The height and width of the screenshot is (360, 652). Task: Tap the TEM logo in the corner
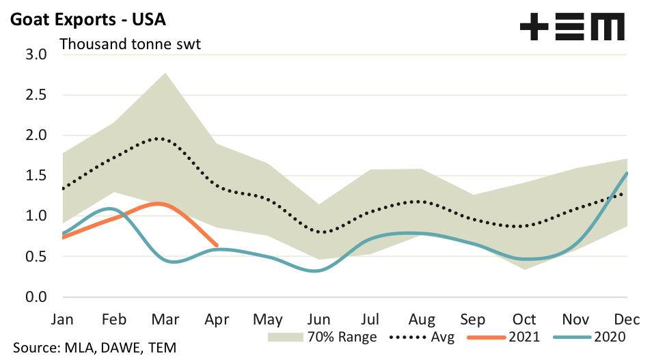coord(572,27)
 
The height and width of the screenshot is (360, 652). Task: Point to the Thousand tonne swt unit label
coord(134,44)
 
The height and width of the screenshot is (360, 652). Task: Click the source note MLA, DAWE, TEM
coord(94,348)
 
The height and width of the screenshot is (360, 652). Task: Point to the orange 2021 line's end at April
coord(217,245)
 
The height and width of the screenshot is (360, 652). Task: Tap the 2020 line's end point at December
coord(627,173)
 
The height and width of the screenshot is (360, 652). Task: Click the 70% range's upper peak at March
coord(166,72)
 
